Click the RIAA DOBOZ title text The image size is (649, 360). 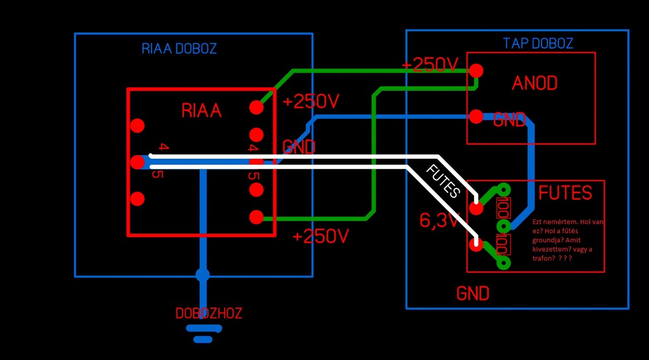pyautogui.click(x=179, y=49)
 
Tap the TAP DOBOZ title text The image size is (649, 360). pyautogui.click(x=538, y=44)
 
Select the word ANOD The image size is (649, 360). pyautogui.click(x=534, y=83)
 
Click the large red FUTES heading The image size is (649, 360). pyautogui.click(x=565, y=193)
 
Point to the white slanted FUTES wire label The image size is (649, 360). pyautogui.click(x=443, y=181)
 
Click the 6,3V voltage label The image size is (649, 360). pyautogui.click(x=439, y=221)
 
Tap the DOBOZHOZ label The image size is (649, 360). pyautogui.click(x=209, y=313)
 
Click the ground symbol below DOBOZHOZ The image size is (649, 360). pyautogui.click(x=203, y=333)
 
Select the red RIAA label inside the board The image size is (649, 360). pyautogui.click(x=201, y=111)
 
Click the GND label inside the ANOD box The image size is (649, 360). pyautogui.click(x=509, y=120)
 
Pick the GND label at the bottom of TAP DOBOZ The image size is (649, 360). pyautogui.click(x=473, y=294)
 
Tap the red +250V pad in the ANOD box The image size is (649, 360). pyautogui.click(x=476, y=70)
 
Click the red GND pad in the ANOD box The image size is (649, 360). pyautogui.click(x=476, y=117)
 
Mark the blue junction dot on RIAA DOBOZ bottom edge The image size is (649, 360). pyautogui.click(x=202, y=275)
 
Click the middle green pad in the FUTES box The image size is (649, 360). pyautogui.click(x=503, y=226)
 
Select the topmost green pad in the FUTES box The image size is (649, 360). pyautogui.click(x=503, y=190)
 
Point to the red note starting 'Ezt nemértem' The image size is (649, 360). pyautogui.click(x=568, y=240)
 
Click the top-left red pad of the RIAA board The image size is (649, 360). pyautogui.click(x=137, y=125)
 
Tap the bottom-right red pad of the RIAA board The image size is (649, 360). pyautogui.click(x=257, y=217)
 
